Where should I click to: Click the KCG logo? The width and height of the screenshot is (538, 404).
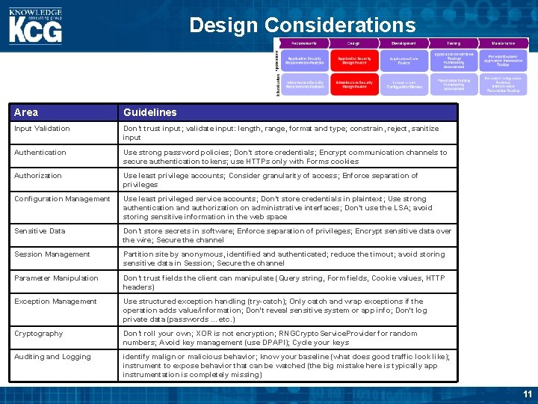pos(35,26)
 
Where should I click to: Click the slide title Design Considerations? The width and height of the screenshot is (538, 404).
pos(302,25)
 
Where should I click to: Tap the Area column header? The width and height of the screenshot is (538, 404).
pos(26,112)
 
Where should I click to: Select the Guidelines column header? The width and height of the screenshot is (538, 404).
pos(150,112)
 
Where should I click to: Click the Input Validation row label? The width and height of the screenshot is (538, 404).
pos(42,129)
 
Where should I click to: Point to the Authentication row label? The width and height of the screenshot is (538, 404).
pos(40,153)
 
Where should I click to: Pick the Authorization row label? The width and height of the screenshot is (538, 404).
pos(38,176)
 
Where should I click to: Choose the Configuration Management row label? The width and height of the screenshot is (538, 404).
pos(62,199)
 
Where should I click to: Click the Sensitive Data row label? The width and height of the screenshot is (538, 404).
pos(40,231)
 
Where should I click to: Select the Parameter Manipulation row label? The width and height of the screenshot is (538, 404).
pos(56,278)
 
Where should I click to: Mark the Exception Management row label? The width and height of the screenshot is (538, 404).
pos(55,302)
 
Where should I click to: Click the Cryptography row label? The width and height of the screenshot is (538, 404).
pos(39,334)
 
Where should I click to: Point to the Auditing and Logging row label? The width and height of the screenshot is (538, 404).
pos(52,357)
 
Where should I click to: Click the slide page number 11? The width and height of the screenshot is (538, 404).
pos(528,394)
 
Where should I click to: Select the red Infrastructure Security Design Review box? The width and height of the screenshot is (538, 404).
pos(353,85)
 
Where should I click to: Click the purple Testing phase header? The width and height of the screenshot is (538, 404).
pos(454,44)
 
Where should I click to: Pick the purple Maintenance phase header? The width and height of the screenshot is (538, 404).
pos(504,44)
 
